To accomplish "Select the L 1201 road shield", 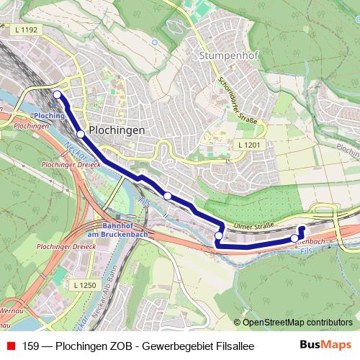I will coord(248,145).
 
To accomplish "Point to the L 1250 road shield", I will coord(84,286).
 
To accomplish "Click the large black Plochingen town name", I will coord(116,130).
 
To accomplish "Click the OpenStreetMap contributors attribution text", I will coord(297,323).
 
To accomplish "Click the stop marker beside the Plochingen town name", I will coord(81,133).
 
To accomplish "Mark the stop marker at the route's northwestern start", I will coord(57,94).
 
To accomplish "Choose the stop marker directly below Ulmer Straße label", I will coord(219,235).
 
